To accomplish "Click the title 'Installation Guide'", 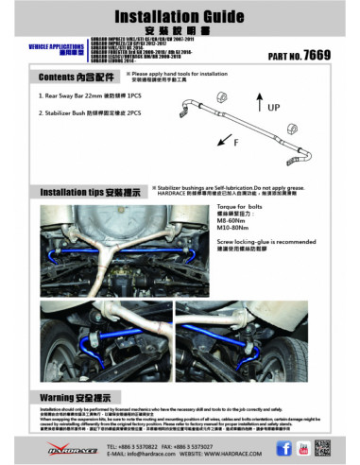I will (x=180, y=17).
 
